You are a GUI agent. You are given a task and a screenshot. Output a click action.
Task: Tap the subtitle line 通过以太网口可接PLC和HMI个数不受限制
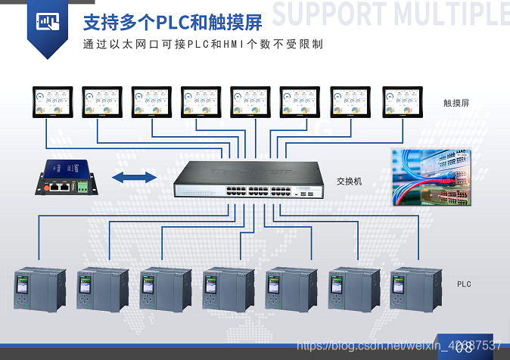203,44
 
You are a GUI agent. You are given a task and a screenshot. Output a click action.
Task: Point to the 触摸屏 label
456,102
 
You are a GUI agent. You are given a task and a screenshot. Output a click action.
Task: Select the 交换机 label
350,182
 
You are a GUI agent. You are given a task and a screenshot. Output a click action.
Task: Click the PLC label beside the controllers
464,284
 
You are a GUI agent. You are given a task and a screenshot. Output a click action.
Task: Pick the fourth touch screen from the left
201,103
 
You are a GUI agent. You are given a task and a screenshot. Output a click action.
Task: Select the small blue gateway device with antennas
66,177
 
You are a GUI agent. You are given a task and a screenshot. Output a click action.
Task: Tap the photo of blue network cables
431,177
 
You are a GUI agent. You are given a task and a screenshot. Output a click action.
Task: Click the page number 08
465,347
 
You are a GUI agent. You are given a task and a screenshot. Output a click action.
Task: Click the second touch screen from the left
101,103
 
